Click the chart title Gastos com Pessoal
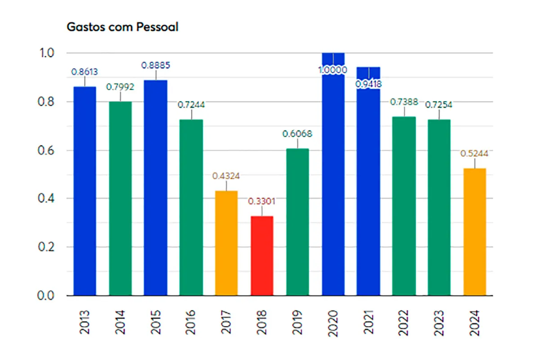[x=122, y=27]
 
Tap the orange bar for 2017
[x=226, y=243]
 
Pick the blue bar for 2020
[x=333, y=180]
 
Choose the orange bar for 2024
[x=474, y=232]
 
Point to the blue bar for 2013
[x=85, y=191]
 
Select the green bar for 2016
[x=191, y=207]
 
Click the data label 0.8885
[x=156, y=66]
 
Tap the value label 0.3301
[x=262, y=201]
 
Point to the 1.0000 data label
[x=333, y=70]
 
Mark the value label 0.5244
[x=474, y=153]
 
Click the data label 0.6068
[x=297, y=134]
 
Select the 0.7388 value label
[x=404, y=102]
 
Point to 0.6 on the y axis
[x=45, y=150]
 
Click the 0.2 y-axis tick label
[x=45, y=247]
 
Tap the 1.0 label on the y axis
[x=45, y=53]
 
